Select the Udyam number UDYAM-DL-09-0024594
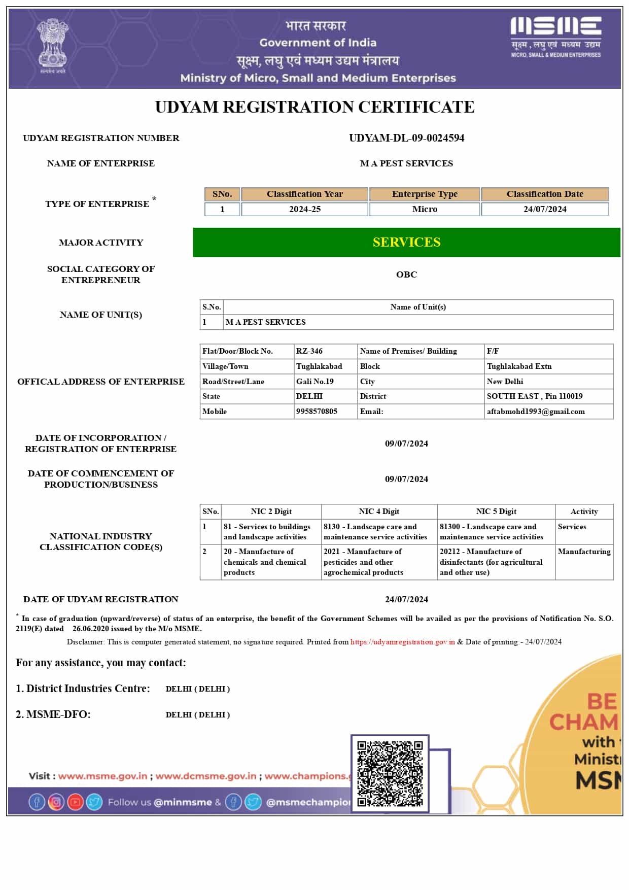point(406,138)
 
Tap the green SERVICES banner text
point(406,243)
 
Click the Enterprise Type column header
point(425,194)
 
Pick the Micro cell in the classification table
point(425,209)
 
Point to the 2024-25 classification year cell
point(304,209)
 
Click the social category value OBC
point(406,275)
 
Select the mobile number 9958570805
point(317,412)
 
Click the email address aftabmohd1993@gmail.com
point(536,412)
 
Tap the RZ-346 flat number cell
point(309,351)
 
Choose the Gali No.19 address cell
point(315,382)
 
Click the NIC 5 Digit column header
point(496,511)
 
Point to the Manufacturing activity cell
point(584,552)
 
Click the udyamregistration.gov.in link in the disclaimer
point(402,642)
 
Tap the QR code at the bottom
point(390,774)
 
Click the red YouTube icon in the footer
point(75,802)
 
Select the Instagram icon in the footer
point(56,802)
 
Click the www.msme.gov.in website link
point(102,776)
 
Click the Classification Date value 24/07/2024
point(545,209)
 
